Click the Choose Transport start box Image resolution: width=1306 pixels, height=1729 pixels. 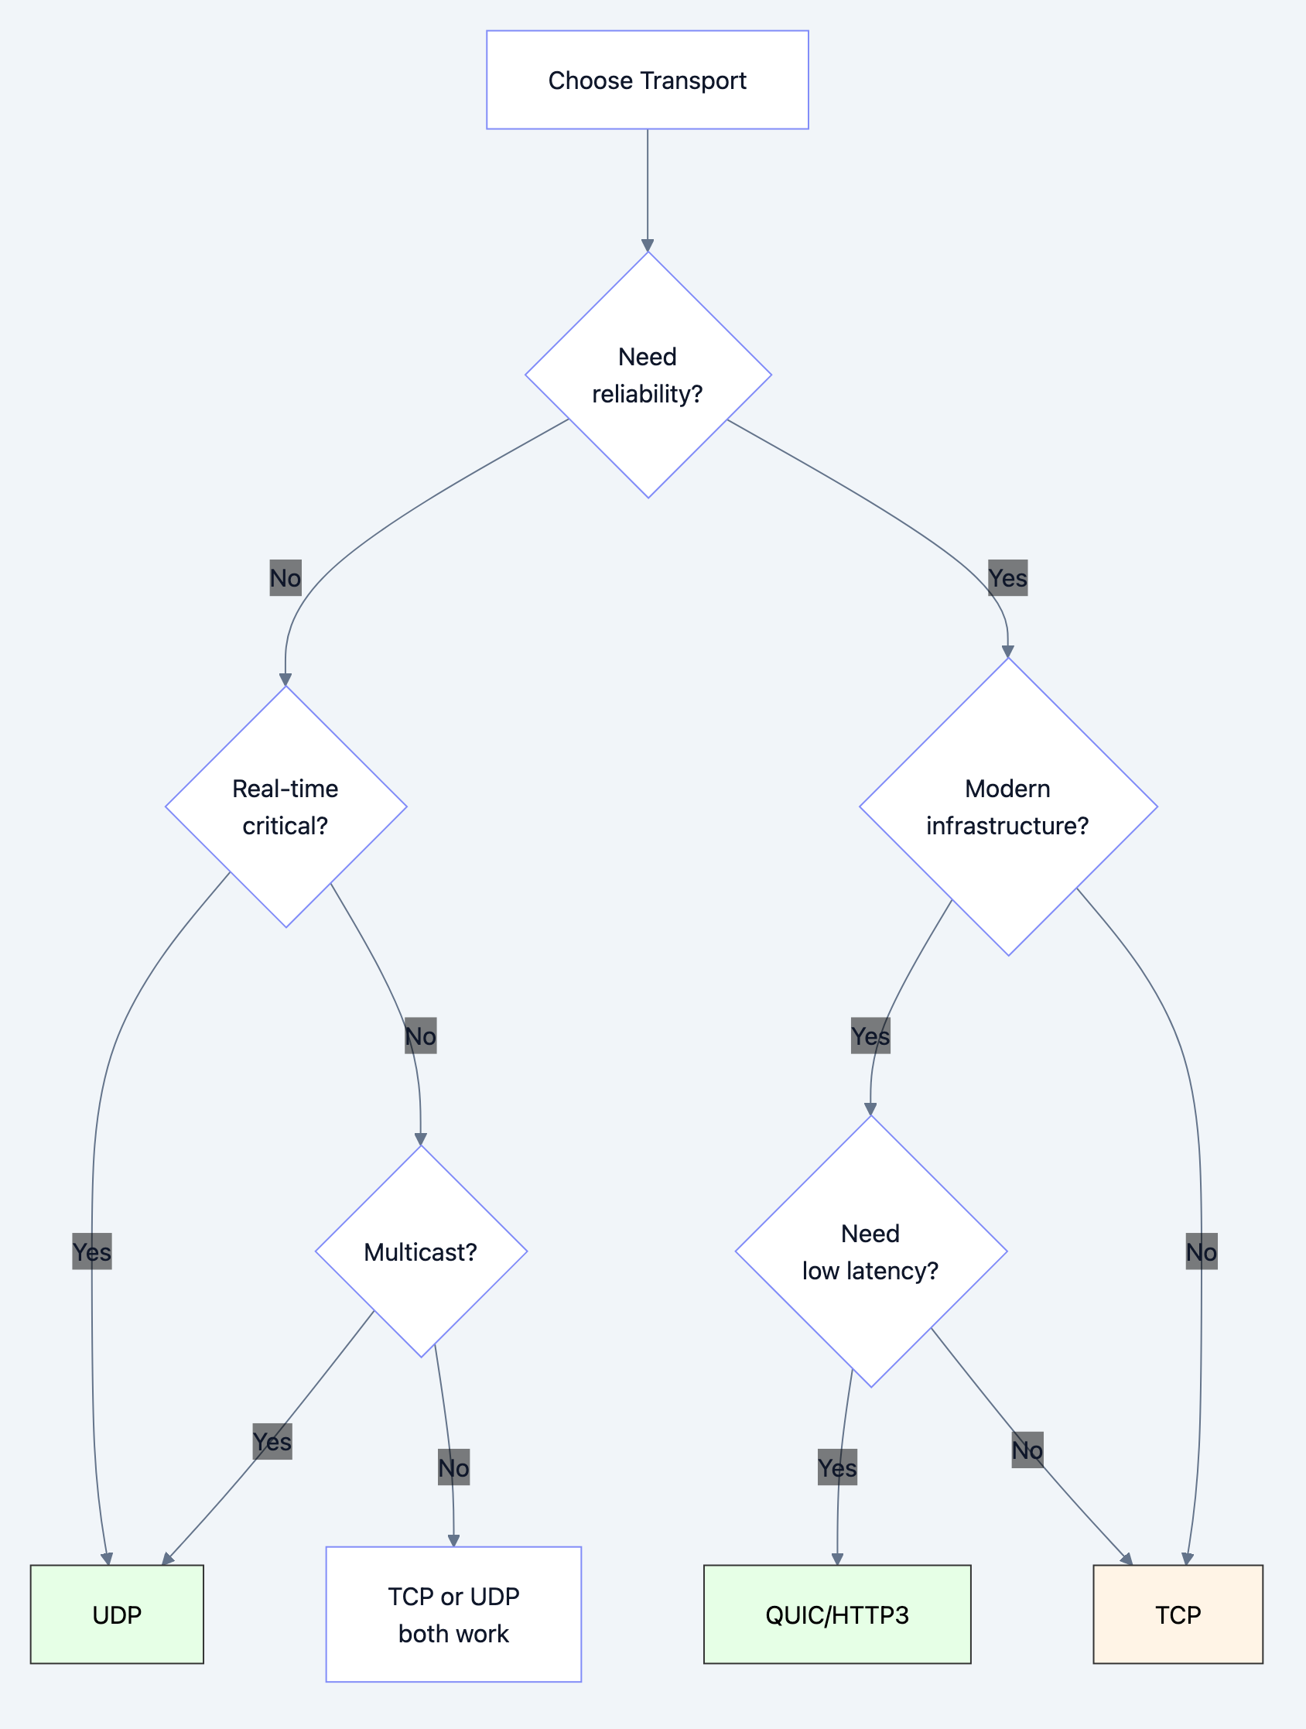coord(647,80)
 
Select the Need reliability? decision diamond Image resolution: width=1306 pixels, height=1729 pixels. coord(648,375)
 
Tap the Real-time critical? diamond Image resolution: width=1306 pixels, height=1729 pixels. coord(286,806)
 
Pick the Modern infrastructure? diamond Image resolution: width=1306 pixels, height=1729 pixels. coord(1008,806)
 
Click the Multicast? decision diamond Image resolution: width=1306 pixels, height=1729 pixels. coord(421,1251)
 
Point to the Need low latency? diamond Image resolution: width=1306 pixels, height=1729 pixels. coord(870,1251)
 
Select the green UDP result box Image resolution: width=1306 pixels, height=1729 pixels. coord(118,1614)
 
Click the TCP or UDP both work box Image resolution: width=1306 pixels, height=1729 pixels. coord(453,1614)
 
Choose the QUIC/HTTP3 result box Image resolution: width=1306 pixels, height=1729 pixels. coord(837,1614)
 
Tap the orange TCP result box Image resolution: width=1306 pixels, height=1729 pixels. coord(1178,1614)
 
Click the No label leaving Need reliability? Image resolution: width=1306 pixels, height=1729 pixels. coord(285,578)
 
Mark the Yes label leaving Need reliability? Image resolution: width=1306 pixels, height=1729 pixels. coord(1007,578)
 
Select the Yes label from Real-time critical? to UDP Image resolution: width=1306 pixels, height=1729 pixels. coord(92,1251)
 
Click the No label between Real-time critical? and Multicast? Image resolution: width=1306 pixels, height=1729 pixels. coord(420,1036)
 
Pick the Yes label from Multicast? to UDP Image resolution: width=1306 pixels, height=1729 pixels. coord(272,1441)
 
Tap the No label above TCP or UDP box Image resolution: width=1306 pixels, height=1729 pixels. coord(453,1468)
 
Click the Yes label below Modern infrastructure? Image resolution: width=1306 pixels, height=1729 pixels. coord(870,1036)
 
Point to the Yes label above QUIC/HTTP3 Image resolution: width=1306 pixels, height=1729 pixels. coord(837,1468)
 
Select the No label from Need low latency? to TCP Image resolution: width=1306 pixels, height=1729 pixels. coord(1027,1450)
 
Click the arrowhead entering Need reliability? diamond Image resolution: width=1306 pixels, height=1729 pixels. coord(648,245)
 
